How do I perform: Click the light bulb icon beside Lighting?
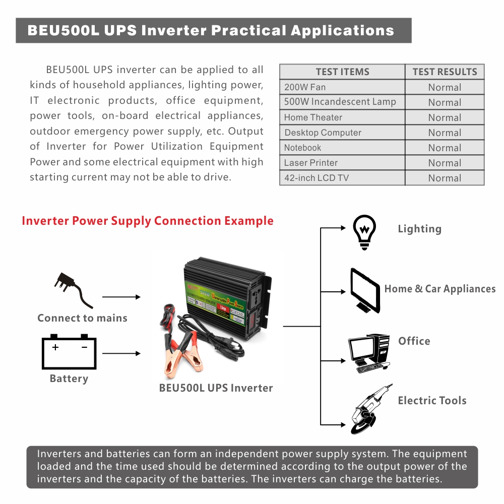(364, 232)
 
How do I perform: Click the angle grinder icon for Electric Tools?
(371, 409)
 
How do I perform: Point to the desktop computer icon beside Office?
(369, 352)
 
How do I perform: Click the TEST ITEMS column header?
(342, 72)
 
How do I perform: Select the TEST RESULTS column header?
(445, 72)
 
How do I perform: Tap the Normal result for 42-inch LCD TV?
(445, 178)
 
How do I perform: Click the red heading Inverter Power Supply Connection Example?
(148, 221)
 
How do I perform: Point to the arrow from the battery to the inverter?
(121, 353)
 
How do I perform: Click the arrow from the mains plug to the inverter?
(121, 297)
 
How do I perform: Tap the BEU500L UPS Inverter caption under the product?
(216, 388)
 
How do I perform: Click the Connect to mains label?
(82, 318)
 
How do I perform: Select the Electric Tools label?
(432, 401)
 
